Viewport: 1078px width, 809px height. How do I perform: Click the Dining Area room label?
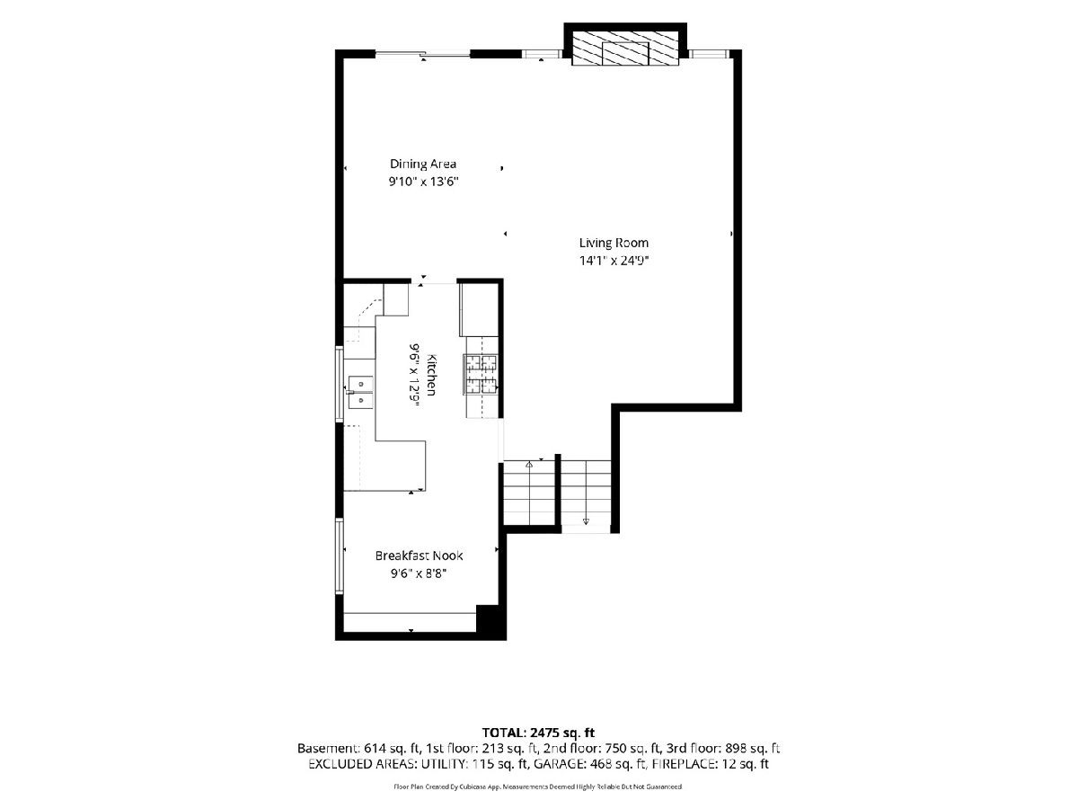click(x=422, y=164)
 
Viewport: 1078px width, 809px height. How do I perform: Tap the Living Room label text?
click(x=614, y=243)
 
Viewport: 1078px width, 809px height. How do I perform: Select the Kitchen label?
click(x=431, y=375)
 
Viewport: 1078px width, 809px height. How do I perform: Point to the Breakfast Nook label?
click(x=419, y=556)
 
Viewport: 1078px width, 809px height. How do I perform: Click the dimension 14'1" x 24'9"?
click(x=614, y=261)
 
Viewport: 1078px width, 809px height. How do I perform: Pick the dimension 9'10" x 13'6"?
click(x=423, y=182)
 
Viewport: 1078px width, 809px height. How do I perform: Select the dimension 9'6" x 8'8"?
click(x=419, y=573)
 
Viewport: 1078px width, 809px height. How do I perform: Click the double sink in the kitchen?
click(x=360, y=393)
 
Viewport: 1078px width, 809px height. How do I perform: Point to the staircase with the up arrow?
click(x=529, y=493)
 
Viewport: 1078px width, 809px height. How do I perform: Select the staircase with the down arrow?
click(x=586, y=493)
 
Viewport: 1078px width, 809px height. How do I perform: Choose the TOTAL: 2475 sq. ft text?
click(x=538, y=733)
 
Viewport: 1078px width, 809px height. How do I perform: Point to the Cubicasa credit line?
click(x=538, y=787)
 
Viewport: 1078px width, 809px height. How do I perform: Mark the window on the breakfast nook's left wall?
click(x=339, y=556)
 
